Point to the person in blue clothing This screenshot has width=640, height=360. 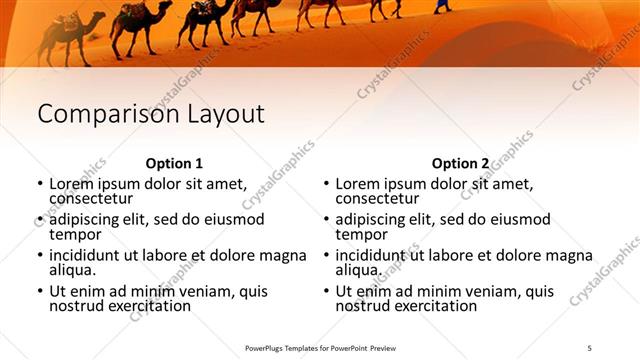point(442,6)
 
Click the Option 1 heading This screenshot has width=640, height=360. point(174,163)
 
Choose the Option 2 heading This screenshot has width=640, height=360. point(460,163)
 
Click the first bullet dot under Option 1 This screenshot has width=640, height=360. point(40,185)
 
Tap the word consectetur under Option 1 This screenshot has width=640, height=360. point(91,198)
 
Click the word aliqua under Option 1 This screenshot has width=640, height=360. point(72,270)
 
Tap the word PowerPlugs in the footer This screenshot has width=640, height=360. point(268,347)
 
